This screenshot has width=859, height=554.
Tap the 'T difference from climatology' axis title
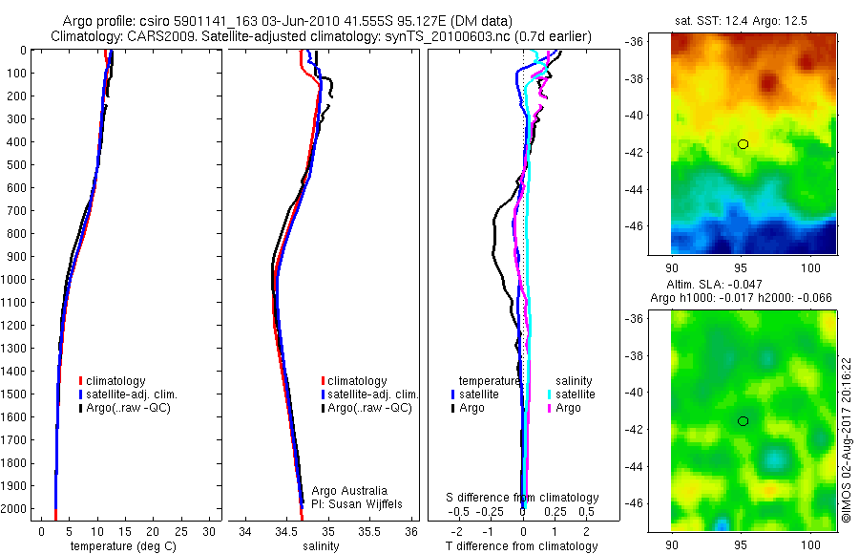tap(522, 546)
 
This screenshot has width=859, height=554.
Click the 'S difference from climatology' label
tap(522, 498)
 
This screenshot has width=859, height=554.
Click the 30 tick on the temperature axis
tap(210, 530)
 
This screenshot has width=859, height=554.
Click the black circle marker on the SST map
tap(743, 144)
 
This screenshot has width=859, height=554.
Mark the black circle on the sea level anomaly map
tap(743, 420)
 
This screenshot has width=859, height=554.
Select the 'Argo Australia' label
tap(350, 490)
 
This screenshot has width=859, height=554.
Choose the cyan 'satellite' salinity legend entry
tap(572, 394)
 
